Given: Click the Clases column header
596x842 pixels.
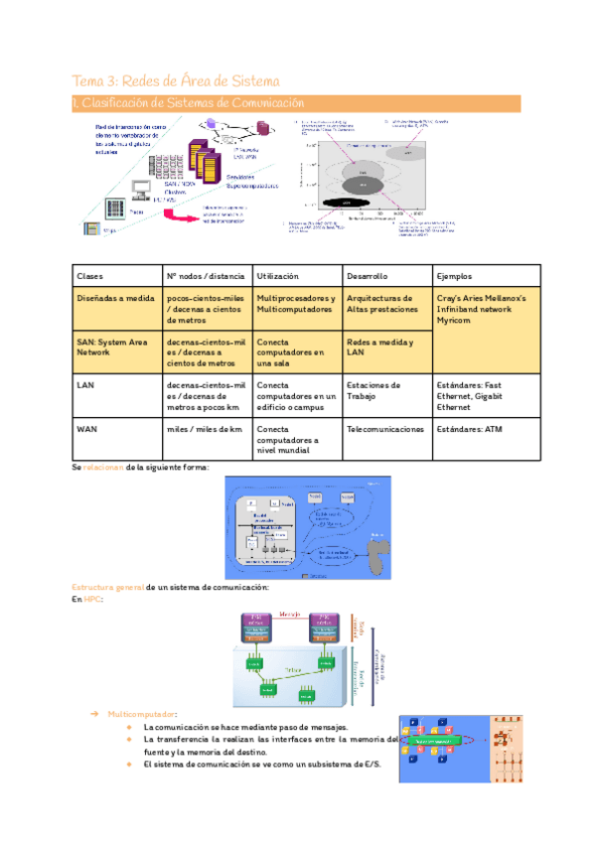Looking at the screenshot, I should click(x=91, y=276).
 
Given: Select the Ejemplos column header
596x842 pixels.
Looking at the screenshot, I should click(x=454, y=276).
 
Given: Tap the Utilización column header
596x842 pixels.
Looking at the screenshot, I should click(x=278, y=276).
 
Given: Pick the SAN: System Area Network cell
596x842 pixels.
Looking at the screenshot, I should click(x=111, y=348).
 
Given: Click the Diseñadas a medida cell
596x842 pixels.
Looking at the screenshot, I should click(x=111, y=298).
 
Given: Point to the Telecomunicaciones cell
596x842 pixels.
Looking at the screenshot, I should click(x=385, y=430).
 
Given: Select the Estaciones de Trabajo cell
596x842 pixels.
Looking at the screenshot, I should click(x=373, y=391).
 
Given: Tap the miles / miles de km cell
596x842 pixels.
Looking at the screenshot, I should click(x=205, y=430).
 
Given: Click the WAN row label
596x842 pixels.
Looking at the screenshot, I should click(x=86, y=430).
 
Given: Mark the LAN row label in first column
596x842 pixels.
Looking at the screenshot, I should click(x=85, y=385).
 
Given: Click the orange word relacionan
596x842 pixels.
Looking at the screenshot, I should click(x=103, y=467).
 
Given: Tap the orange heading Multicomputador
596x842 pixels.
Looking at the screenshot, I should click(x=143, y=714).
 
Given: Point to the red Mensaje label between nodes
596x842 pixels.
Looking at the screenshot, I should click(x=290, y=615).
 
